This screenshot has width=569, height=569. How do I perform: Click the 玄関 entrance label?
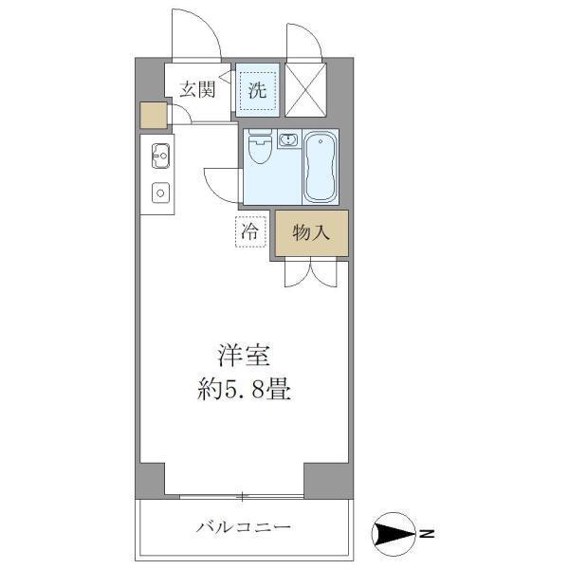[x=198, y=90]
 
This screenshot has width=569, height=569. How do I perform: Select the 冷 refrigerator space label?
[x=249, y=230]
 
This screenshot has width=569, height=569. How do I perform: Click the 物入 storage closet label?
[x=311, y=232]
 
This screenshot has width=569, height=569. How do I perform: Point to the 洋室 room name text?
[x=245, y=358]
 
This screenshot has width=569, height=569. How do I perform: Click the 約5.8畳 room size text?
[x=245, y=390]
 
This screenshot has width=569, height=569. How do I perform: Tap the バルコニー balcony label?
[x=245, y=527]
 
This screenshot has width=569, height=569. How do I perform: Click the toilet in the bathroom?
[x=258, y=150]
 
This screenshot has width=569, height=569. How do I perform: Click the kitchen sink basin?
[x=158, y=155]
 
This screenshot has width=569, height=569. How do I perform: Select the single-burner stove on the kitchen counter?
[x=159, y=193]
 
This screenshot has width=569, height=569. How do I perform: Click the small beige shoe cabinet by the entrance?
[x=153, y=115]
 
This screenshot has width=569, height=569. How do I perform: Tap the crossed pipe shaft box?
[x=306, y=87]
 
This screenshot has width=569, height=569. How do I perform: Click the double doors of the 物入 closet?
[x=310, y=273]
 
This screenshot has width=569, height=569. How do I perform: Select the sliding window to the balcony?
[x=243, y=496]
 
